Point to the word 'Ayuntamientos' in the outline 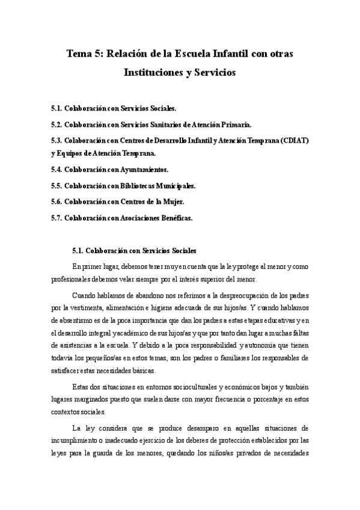coord(139,170)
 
